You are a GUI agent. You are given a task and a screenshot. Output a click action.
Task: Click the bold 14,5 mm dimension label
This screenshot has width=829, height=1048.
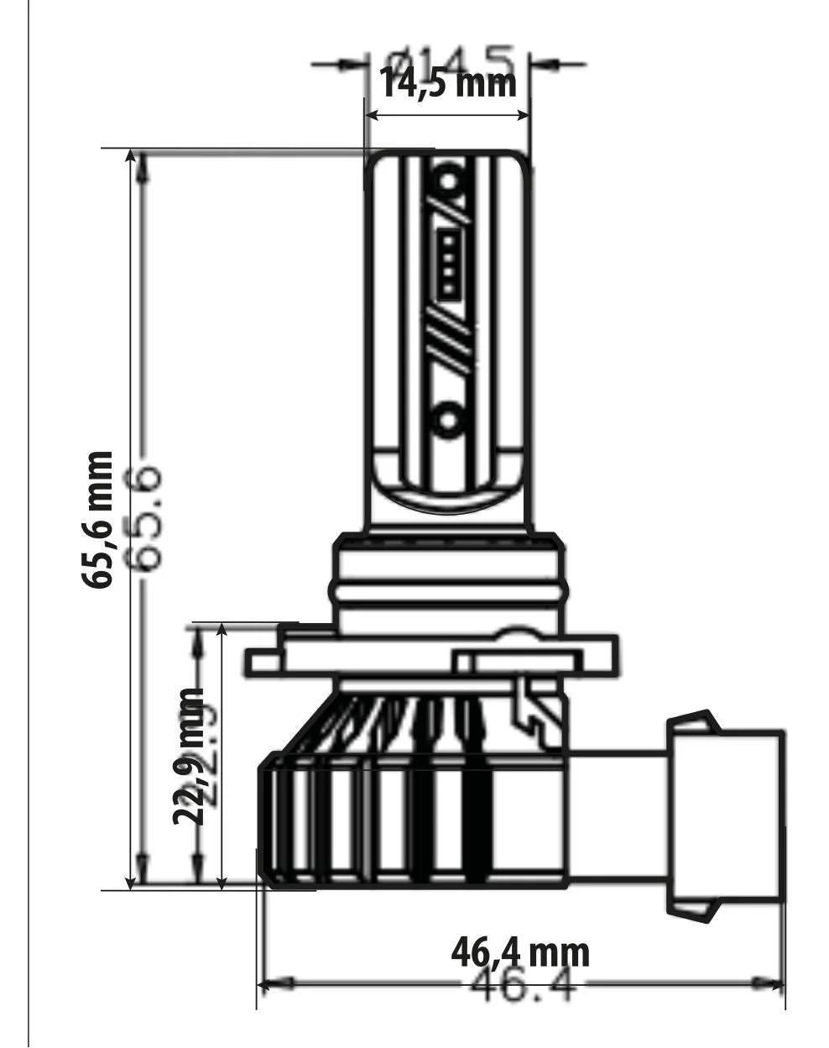click(448, 83)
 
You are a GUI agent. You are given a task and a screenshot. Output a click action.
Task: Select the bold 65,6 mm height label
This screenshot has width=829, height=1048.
click(97, 519)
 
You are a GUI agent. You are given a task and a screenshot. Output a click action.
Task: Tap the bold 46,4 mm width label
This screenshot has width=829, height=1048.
click(520, 952)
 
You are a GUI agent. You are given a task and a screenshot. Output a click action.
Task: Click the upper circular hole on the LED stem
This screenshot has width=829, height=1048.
click(448, 181)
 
